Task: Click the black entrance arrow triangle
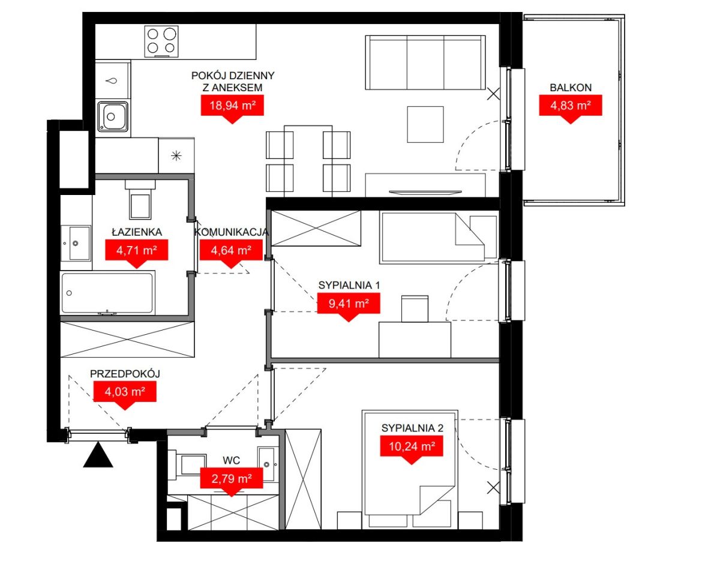[98, 455]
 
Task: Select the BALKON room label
[571, 88]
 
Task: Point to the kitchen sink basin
[113, 116]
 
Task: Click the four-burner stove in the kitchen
[161, 41]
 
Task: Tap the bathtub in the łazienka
[108, 293]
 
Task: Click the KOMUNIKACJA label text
[231, 232]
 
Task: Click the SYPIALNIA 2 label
[412, 428]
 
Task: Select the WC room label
[231, 461]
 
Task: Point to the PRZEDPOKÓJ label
[125, 374]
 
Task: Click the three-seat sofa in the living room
[425, 62]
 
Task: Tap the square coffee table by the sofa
[425, 125]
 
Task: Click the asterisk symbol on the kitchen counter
[176, 156]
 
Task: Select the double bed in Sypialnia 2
[410, 469]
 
